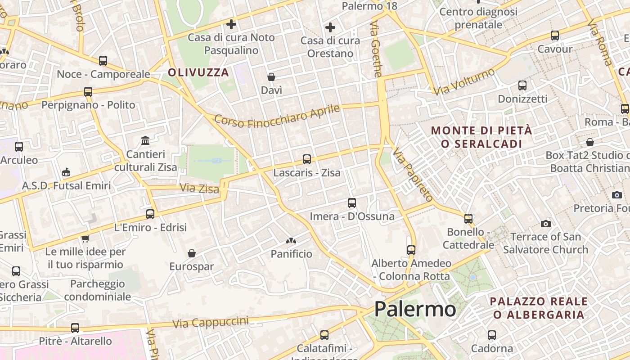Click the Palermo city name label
click(415, 309)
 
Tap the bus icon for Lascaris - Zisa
click(307, 159)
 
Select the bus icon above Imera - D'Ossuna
click(352, 202)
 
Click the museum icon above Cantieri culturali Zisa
click(145, 141)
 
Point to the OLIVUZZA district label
click(198, 72)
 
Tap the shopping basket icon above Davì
click(271, 77)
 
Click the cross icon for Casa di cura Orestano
click(330, 27)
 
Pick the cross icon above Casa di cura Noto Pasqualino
click(231, 24)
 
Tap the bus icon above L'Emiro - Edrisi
click(150, 214)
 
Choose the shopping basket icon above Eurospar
click(192, 253)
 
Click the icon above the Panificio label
click(291, 241)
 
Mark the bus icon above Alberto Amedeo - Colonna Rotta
click(411, 250)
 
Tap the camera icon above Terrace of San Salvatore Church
click(545, 224)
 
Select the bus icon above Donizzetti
click(522, 85)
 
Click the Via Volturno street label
click(464, 81)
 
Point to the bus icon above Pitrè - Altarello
click(75, 328)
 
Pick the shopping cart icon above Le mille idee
click(85, 238)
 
